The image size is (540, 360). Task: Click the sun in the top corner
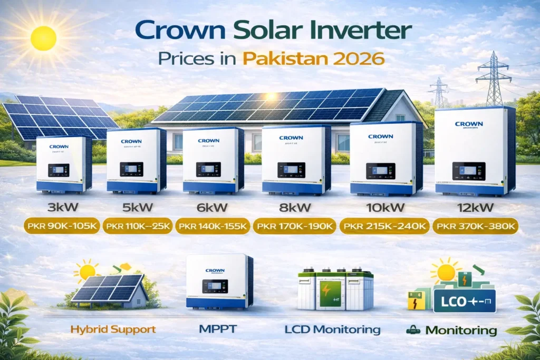(43, 37)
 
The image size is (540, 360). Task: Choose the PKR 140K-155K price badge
(213, 227)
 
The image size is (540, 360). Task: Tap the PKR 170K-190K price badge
(294, 227)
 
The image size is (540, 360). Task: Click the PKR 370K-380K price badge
(475, 227)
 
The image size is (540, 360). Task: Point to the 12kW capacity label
(475, 207)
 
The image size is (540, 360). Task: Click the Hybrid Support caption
(113, 329)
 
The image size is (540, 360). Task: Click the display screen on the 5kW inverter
(132, 169)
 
